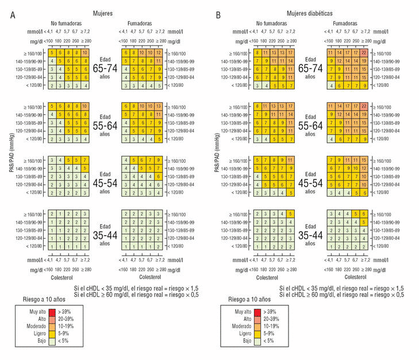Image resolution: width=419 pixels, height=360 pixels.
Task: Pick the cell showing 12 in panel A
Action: click(159, 53)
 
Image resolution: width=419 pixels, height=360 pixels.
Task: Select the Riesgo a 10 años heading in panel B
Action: click(242, 299)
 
